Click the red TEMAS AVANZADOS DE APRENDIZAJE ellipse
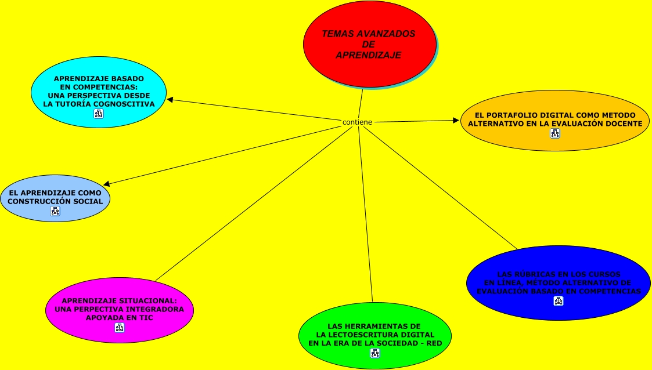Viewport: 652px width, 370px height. (x=369, y=64)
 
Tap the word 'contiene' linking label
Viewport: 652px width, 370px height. (x=357, y=122)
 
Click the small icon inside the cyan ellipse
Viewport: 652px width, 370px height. (x=99, y=114)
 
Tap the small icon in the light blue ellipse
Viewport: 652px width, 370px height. (x=55, y=211)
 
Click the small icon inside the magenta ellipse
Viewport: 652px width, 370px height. (x=120, y=328)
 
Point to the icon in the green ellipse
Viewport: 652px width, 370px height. (x=374, y=353)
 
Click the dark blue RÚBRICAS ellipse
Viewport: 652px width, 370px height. (x=558, y=273)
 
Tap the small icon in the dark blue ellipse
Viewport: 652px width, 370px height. (x=558, y=300)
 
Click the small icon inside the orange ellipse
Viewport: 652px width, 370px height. (x=555, y=133)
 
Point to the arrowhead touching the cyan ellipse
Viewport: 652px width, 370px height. (x=170, y=100)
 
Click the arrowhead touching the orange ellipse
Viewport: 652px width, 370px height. (x=456, y=121)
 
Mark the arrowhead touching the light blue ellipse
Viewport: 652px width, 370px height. (x=106, y=184)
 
